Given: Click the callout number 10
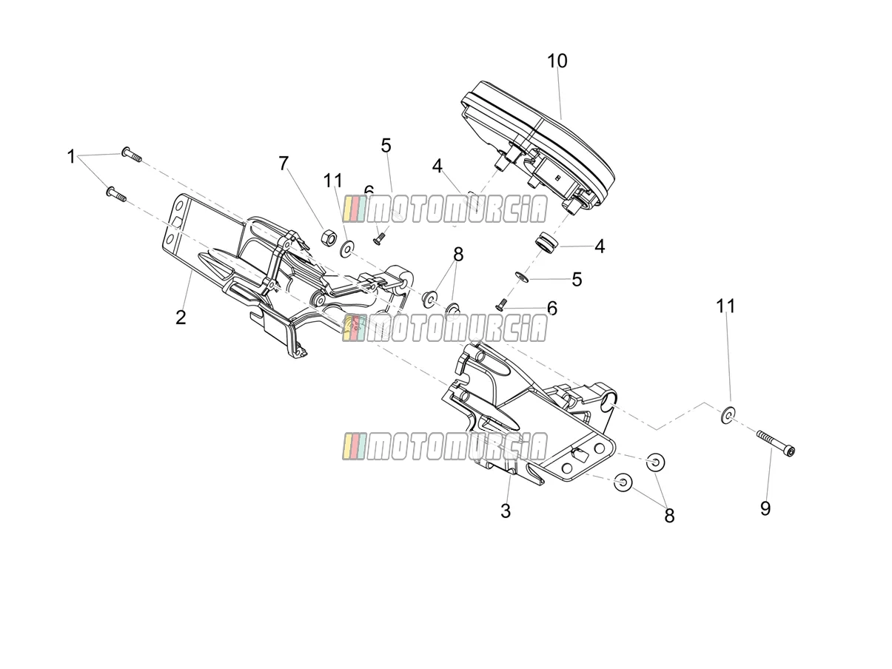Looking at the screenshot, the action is point(557,61).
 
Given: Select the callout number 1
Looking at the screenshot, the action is point(71,157).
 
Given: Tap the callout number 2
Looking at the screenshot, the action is point(181,317).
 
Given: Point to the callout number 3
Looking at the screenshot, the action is point(506,511).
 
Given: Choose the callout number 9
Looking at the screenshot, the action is point(765,508).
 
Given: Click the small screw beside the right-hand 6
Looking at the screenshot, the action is point(503,304).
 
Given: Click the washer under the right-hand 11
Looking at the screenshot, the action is point(728,414).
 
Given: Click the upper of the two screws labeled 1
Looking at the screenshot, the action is point(131,155).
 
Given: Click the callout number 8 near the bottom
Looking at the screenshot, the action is point(669,517).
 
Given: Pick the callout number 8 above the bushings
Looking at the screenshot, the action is point(458,255).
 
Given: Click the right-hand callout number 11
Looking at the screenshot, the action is point(725,306).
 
